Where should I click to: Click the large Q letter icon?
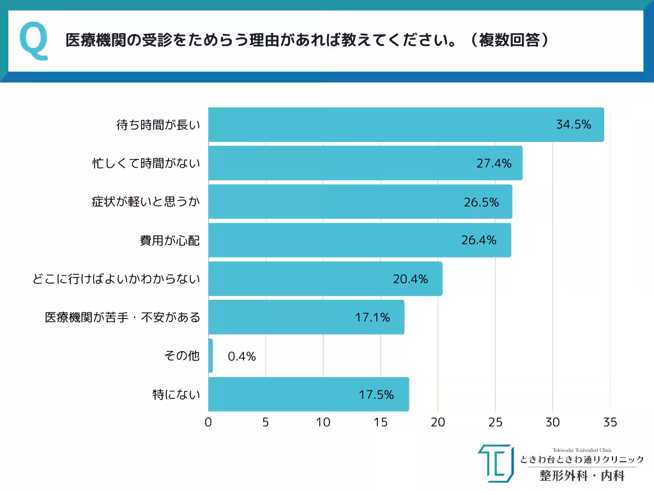pyautogui.click(x=34, y=41)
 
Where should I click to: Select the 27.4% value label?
pyautogui.click(x=494, y=163)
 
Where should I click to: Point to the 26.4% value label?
pyautogui.click(x=478, y=240)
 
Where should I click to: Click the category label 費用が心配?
pyautogui.click(x=170, y=240)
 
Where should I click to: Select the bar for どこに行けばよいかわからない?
pyautogui.click(x=325, y=279)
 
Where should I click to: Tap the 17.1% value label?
pyautogui.click(x=372, y=317)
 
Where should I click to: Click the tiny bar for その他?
pyautogui.click(x=211, y=355)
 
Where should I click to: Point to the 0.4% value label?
pyautogui.click(x=241, y=356)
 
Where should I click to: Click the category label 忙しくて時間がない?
pyautogui.click(x=146, y=163)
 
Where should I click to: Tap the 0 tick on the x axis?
pyautogui.click(x=208, y=423)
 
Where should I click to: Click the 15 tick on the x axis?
pyautogui.click(x=381, y=423)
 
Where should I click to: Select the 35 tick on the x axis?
pyautogui.click(x=610, y=423)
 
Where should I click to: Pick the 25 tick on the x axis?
pyautogui.click(x=495, y=423)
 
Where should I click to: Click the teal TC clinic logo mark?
pyautogui.click(x=495, y=463)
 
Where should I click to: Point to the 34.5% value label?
pyautogui.click(x=574, y=125)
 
